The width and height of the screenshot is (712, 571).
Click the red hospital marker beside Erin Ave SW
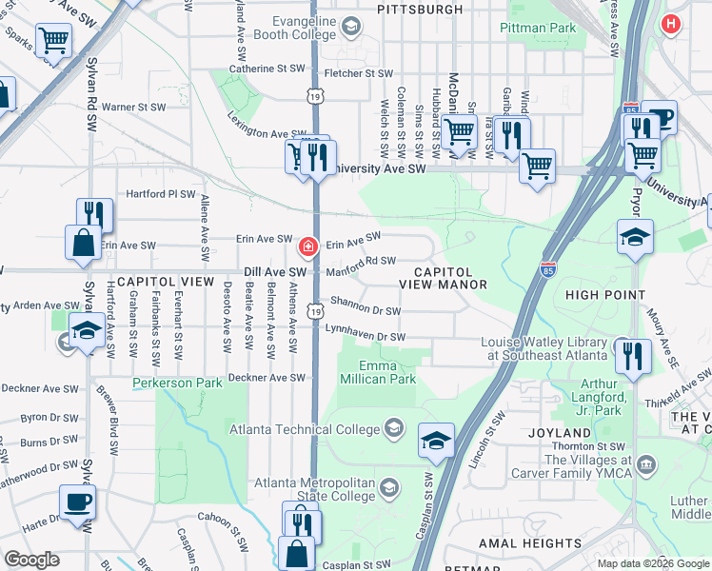tap(307, 246)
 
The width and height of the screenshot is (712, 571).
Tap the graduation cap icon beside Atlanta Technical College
tap(393, 428)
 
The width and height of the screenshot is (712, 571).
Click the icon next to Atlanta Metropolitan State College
tap(387, 489)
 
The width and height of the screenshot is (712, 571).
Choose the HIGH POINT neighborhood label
tap(604, 295)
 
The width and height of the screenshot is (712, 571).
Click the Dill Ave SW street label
tap(274, 272)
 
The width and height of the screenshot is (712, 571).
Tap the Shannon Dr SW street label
tap(366, 308)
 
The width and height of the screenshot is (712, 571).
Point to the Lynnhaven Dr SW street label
tap(366, 337)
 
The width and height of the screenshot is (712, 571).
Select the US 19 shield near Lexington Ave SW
tap(315, 95)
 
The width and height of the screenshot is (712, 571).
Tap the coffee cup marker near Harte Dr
tap(77, 501)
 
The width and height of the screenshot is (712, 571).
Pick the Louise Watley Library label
tap(544, 348)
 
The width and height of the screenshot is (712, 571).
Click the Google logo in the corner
tap(31, 560)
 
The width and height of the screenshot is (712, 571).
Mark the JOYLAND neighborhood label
tap(560, 432)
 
